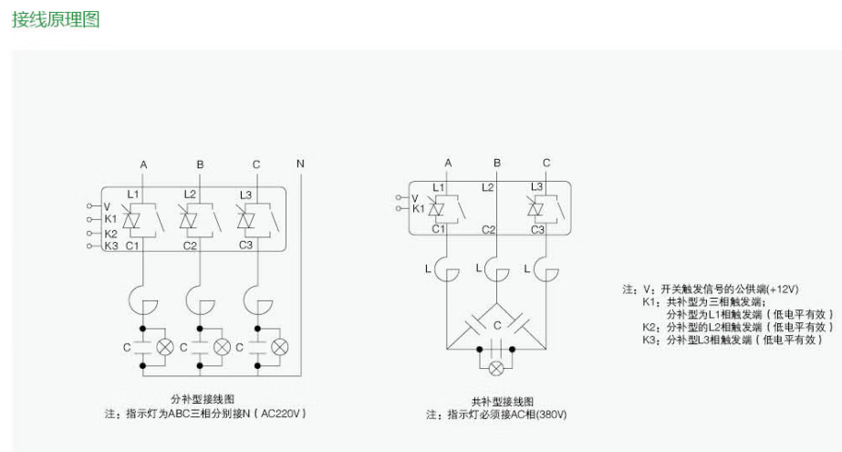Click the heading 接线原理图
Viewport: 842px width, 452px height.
(55, 20)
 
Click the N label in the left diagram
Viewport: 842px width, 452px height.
(300, 163)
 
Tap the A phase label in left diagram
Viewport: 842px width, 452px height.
(143, 163)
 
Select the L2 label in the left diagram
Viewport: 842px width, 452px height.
(190, 194)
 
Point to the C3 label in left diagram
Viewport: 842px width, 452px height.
(245, 245)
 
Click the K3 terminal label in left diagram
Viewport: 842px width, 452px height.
(110, 245)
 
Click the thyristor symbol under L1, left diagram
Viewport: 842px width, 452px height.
(133, 220)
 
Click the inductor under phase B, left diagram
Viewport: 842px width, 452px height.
(200, 299)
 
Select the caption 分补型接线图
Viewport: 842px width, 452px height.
(203, 399)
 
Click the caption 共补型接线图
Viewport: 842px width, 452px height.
(502, 402)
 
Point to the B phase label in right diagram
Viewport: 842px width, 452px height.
(497, 163)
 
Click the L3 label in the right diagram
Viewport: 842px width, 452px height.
(536, 186)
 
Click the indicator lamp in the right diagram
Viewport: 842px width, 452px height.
(497, 368)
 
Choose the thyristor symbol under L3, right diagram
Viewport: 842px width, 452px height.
(537, 207)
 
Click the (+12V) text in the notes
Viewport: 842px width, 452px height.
(778, 289)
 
